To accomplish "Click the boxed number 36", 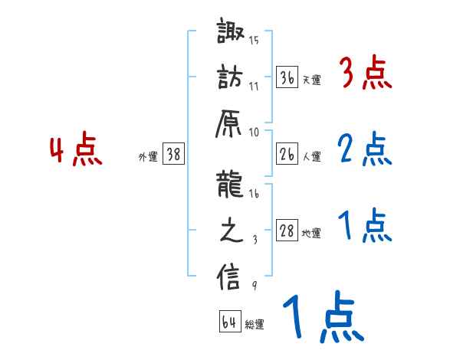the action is [287, 77].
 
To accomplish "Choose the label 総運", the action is [255, 325].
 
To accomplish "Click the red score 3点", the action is [365, 74].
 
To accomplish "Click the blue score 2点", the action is [365, 150].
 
